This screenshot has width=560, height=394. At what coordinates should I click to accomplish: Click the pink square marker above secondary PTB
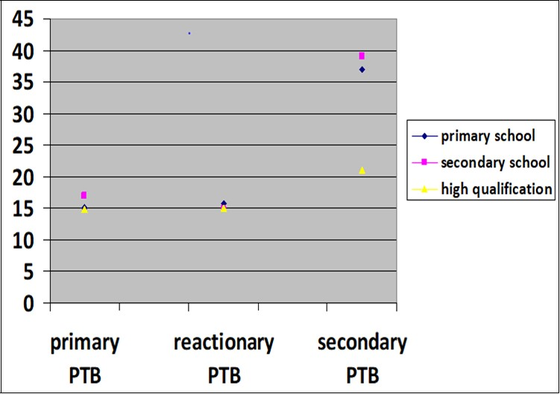(362, 56)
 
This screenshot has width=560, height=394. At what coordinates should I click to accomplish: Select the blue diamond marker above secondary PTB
(362, 69)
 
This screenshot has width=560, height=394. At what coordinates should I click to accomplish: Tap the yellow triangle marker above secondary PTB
(362, 170)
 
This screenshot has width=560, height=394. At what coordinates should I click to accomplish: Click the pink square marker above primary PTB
(84, 195)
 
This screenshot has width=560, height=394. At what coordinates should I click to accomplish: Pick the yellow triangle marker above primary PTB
(84, 209)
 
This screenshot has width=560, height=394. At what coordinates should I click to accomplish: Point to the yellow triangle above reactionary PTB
(224, 209)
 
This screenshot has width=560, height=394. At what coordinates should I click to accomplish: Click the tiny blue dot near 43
(189, 34)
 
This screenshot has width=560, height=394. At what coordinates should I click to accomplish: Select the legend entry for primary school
(480, 136)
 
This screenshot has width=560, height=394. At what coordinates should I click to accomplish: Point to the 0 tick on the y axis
(28, 304)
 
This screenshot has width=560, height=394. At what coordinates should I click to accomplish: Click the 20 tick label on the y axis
(22, 177)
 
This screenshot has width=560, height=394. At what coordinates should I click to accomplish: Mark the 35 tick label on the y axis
(22, 83)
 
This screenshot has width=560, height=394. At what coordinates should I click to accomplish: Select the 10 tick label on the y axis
(22, 241)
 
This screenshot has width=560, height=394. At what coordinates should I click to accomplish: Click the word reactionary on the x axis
(224, 343)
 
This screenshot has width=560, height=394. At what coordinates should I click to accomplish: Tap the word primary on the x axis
(84, 343)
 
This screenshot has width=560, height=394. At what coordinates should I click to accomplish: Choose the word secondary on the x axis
(362, 343)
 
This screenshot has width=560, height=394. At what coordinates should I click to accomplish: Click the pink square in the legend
(424, 162)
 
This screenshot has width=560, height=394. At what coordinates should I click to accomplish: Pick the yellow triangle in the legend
(424, 188)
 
